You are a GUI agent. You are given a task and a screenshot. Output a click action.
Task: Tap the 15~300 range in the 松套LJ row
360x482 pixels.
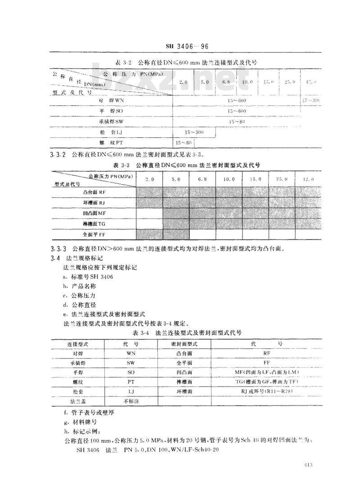pos(194,132)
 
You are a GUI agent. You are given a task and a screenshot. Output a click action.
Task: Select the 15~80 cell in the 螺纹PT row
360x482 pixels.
pos(184,143)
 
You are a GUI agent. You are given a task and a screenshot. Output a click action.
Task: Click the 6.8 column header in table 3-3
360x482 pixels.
pos(202,179)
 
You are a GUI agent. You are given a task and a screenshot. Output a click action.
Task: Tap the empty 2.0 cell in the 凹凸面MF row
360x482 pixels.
pos(149,213)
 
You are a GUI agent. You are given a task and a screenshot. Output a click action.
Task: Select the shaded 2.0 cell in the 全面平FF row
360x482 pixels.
pos(149,235)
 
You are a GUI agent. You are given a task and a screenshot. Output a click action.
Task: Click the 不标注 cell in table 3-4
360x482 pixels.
pos(131,401)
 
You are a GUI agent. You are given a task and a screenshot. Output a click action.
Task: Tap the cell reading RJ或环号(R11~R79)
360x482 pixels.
pos(266,391)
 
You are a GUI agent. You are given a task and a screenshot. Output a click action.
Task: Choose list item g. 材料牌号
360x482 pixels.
pos(81,422)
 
